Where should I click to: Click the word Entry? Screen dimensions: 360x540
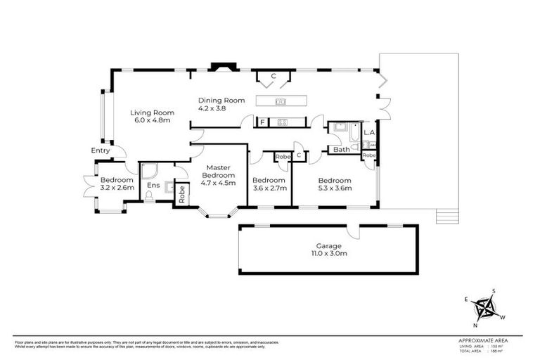pyautogui.click(x=101, y=150)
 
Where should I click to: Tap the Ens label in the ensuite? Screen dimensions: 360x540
pyautogui.click(x=153, y=186)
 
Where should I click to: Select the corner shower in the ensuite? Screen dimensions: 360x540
pyautogui.click(x=150, y=169)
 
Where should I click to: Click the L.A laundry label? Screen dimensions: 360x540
pyautogui.click(x=369, y=132)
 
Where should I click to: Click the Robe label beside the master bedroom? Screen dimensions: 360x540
pyautogui.click(x=181, y=193)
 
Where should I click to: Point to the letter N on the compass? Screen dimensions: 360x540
pyautogui.click(x=476, y=325)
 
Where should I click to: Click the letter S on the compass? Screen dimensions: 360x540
pyautogui.click(x=494, y=291)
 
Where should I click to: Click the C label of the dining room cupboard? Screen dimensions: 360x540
pyautogui.click(x=274, y=75)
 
